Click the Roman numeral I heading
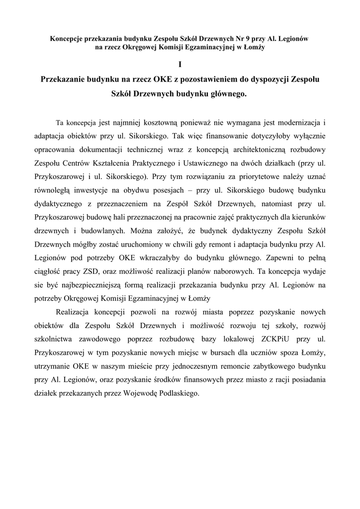[x=180, y=64]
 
